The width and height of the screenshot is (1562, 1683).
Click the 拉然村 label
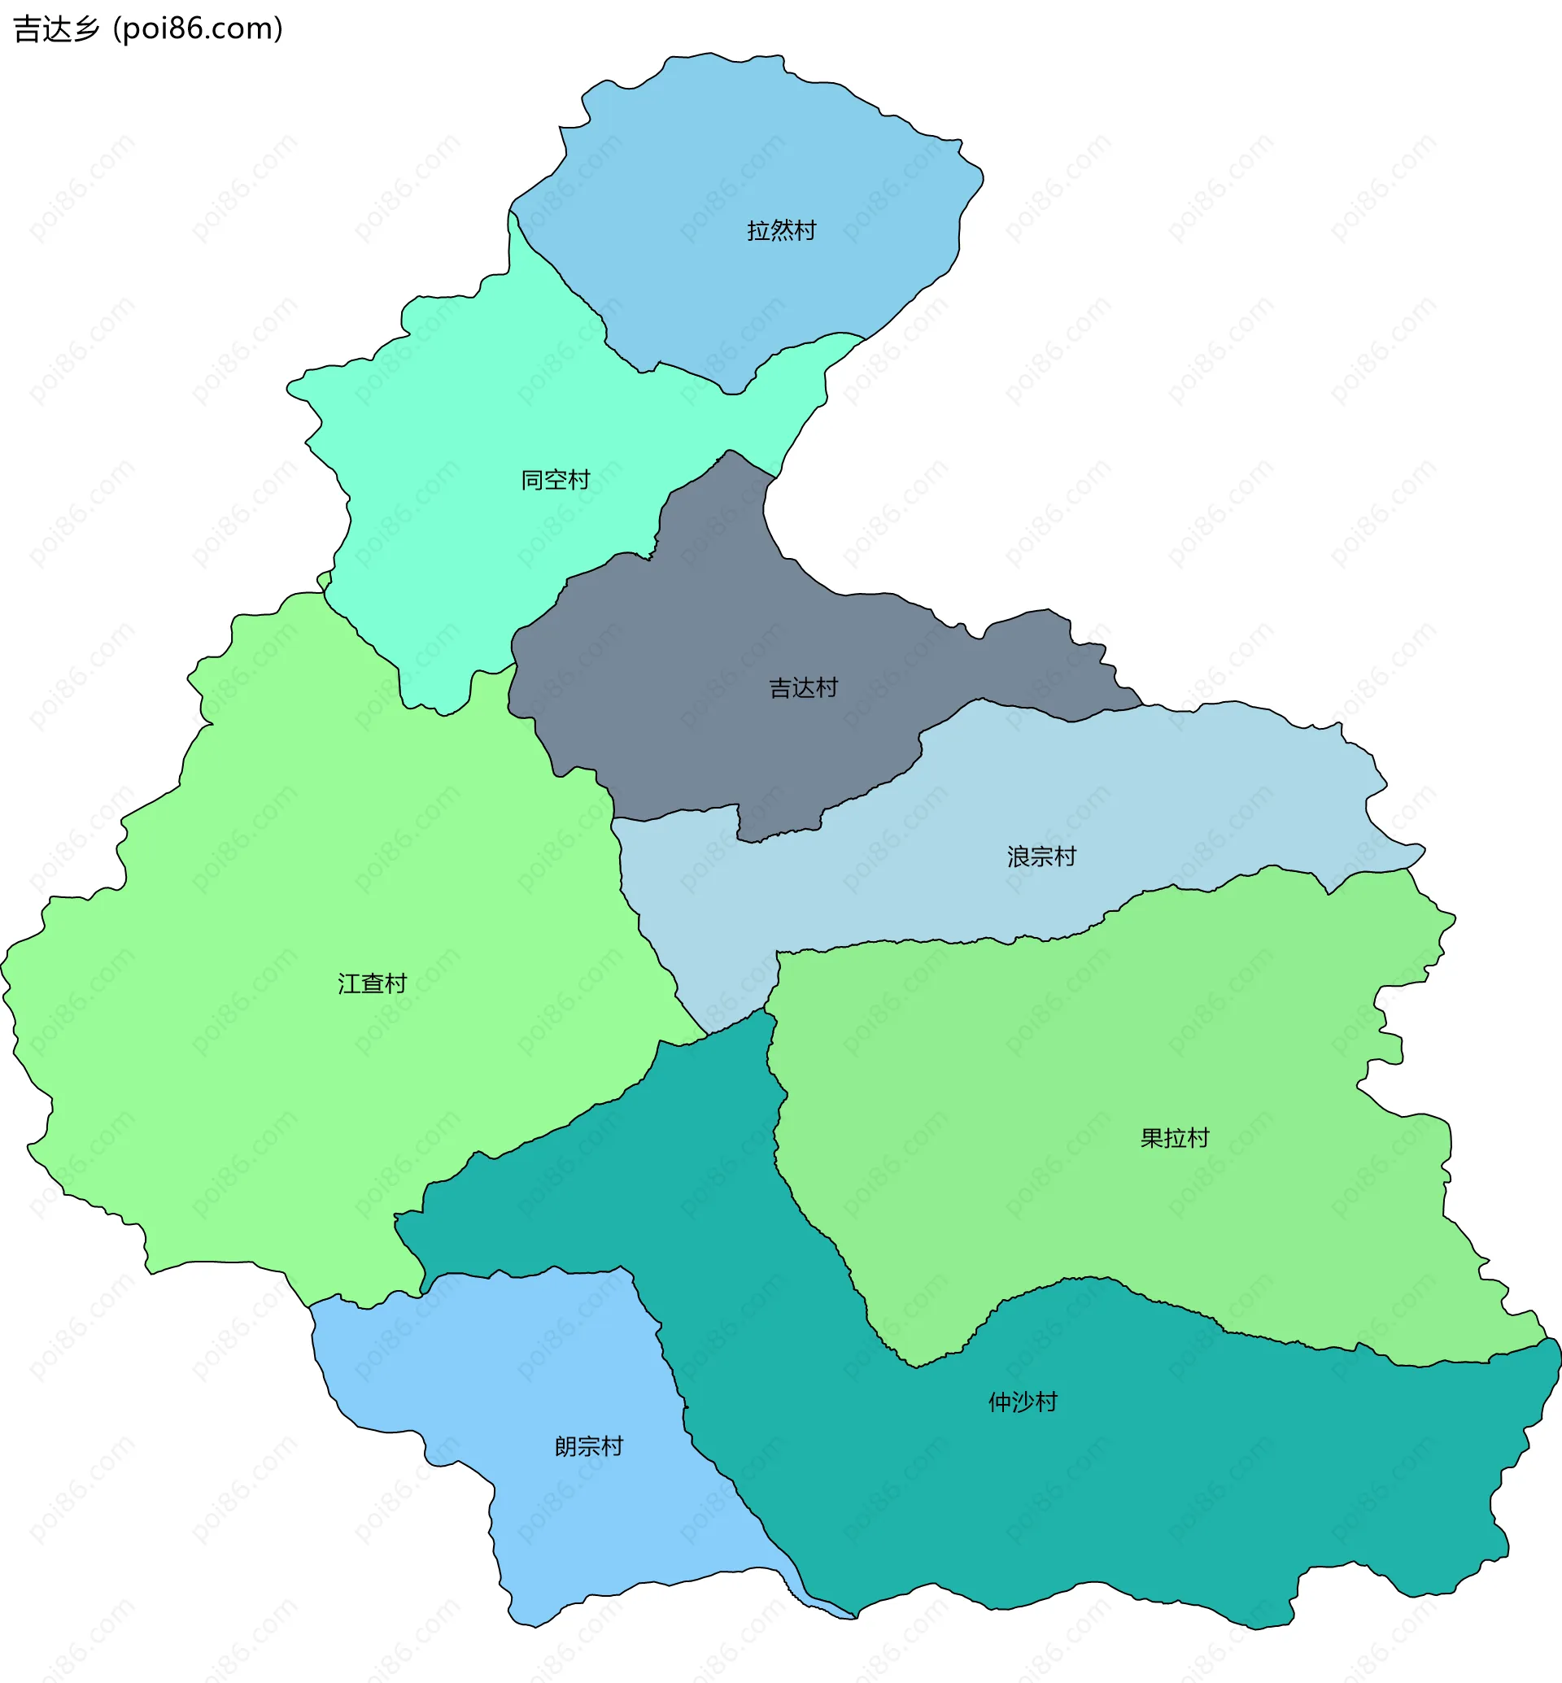[781, 231]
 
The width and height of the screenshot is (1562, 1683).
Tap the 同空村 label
[556, 480]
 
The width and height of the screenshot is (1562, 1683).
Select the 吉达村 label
[803, 688]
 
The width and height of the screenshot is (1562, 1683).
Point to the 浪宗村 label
[1041, 857]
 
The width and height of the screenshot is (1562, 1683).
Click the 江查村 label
[372, 984]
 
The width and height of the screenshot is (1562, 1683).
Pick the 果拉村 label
[1175, 1139]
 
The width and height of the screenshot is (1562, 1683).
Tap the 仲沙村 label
[1023, 1402]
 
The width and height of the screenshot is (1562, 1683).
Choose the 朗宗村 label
[589, 1446]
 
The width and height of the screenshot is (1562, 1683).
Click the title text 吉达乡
[57, 28]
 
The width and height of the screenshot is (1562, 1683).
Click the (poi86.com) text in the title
[198, 28]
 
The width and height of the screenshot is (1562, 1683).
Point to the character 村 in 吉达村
[827, 688]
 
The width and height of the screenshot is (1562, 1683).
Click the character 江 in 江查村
[349, 984]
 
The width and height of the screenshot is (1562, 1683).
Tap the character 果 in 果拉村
[1152, 1139]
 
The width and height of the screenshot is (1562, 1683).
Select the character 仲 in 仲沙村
[1000, 1402]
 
